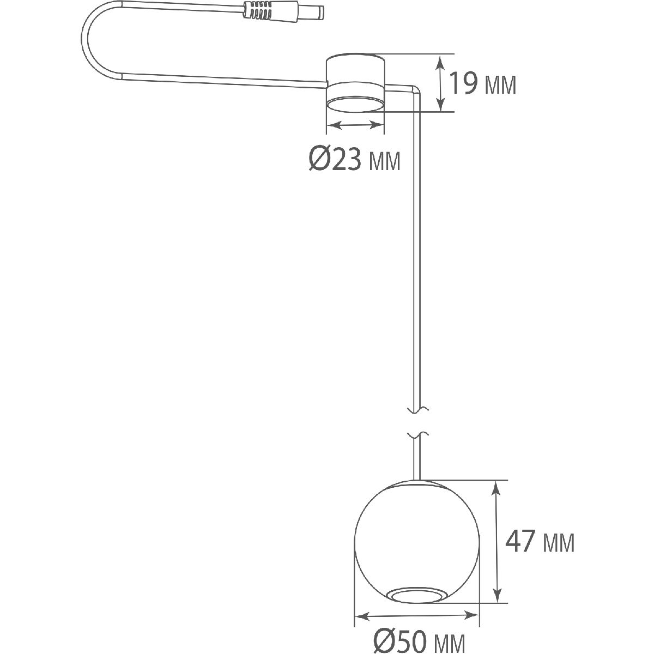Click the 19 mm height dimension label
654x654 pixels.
pos(482,84)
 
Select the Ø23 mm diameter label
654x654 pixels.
pos(354,159)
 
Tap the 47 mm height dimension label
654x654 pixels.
pos(540,542)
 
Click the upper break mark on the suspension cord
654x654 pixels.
pos(417,408)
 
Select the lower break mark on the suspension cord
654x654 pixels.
pos(417,435)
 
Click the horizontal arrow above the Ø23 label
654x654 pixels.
pos(355,125)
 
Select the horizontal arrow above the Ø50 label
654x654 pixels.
pos(417,616)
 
